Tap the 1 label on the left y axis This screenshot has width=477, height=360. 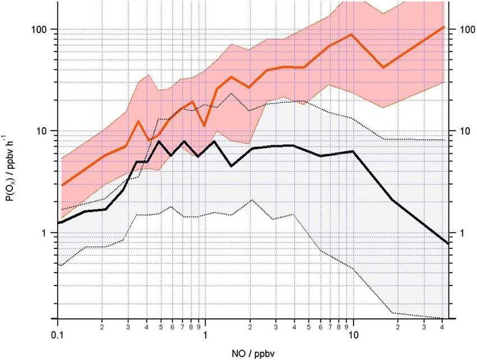[48, 233]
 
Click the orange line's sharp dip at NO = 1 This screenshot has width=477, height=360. [205, 125]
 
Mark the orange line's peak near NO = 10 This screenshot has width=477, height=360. [352, 35]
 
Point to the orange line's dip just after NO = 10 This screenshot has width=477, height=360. [383, 67]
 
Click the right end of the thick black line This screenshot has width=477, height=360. [447, 243]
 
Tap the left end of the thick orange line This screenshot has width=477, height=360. [62, 185]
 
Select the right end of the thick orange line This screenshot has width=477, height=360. [444, 27]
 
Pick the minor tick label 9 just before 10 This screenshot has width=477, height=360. [346, 326]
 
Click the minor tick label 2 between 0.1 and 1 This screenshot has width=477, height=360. [103, 326]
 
